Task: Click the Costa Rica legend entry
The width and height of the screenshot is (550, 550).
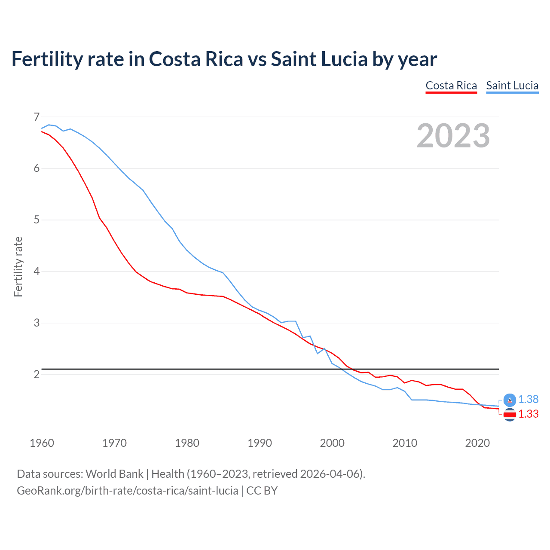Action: tap(451, 86)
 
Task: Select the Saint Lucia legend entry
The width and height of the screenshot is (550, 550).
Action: tap(512, 86)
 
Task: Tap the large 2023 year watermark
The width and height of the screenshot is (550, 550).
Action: tap(453, 136)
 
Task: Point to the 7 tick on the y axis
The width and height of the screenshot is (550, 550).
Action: tap(37, 117)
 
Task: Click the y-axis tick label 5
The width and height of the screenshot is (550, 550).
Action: tap(37, 220)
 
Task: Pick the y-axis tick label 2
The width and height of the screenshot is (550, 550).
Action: tap(37, 374)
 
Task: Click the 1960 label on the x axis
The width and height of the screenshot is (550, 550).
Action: tap(42, 443)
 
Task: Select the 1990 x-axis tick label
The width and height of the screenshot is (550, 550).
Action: tap(260, 443)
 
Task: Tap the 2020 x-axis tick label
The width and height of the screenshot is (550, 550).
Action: tap(477, 443)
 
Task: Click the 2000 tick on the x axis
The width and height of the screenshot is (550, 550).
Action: tap(332, 443)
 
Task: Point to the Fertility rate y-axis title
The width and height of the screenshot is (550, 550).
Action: tap(18, 266)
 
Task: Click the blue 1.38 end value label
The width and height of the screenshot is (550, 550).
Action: tap(528, 399)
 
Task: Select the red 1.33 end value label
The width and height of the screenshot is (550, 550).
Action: tap(528, 414)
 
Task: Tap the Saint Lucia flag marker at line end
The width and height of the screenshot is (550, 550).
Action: tap(510, 400)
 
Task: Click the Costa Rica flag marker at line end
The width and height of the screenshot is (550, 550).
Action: tap(510, 415)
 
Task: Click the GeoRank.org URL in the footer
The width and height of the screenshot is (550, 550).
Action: tap(127, 490)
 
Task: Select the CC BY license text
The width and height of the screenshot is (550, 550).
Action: tap(262, 490)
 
